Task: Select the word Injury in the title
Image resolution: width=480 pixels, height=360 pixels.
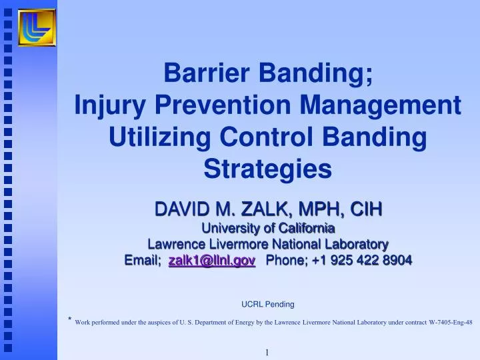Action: click(x=113, y=105)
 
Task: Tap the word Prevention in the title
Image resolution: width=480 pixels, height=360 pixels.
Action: click(x=227, y=105)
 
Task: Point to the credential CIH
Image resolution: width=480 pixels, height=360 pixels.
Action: click(x=365, y=209)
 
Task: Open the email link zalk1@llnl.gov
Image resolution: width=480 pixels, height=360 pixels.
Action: click(x=212, y=260)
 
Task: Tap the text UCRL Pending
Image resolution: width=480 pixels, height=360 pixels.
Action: click(x=267, y=304)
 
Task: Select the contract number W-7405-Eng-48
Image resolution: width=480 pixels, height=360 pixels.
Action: click(x=451, y=322)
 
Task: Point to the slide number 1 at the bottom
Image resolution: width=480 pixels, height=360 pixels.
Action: click(x=267, y=352)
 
